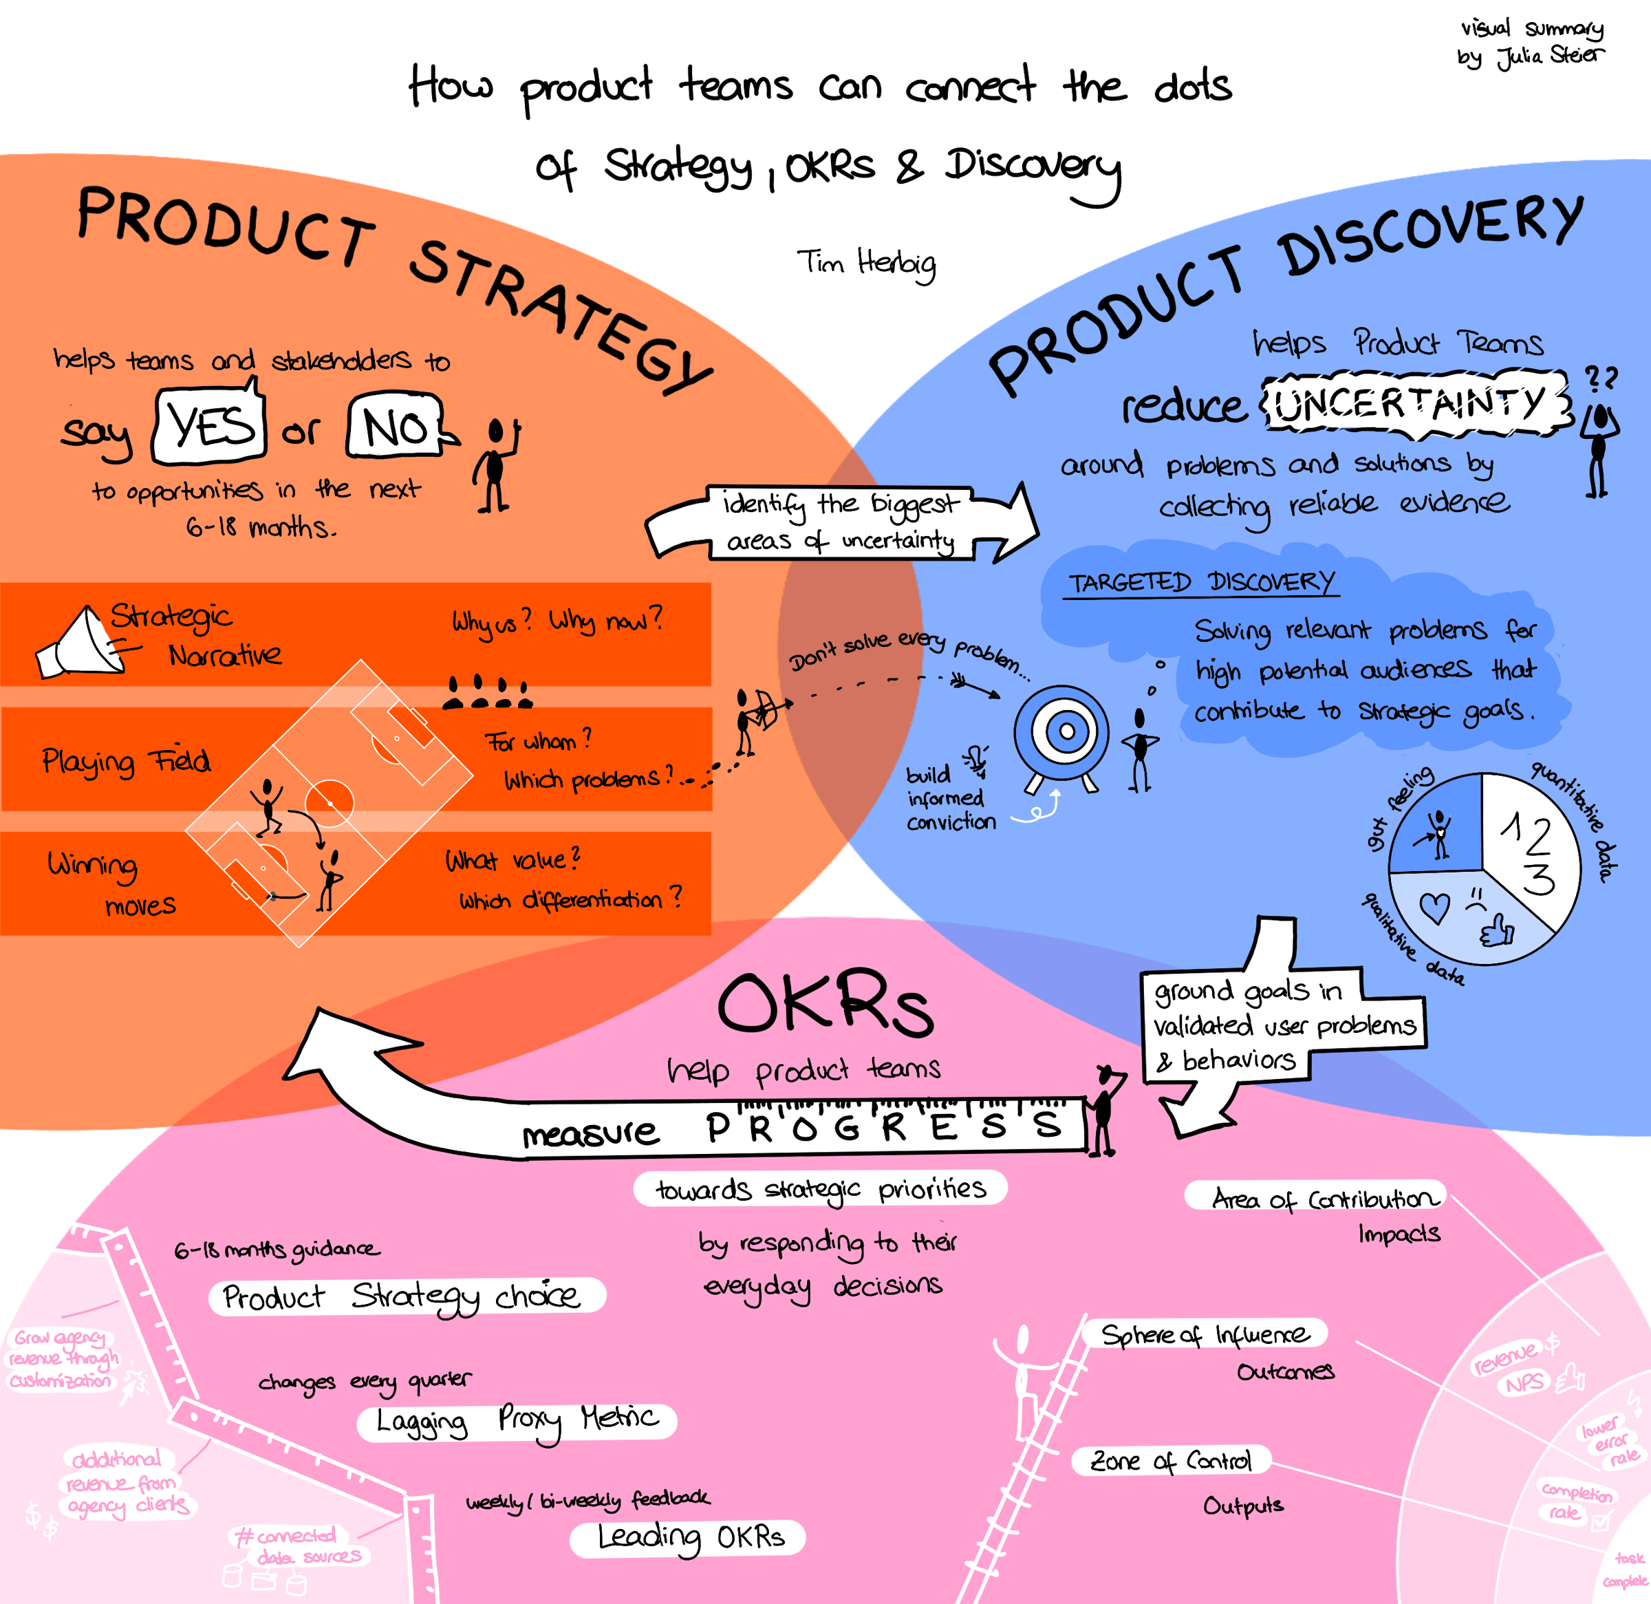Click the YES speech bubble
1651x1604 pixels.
210,425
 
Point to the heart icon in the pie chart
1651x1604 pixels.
1434,908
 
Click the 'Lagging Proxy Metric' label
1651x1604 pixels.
515,1421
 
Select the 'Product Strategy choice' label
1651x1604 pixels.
405,1296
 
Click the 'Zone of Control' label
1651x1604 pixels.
1171,1461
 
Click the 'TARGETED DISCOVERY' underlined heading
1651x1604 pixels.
1200,582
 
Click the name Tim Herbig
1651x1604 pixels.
866,264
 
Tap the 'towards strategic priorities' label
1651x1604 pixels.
819,1188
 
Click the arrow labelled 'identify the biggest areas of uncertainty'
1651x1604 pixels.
841,522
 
